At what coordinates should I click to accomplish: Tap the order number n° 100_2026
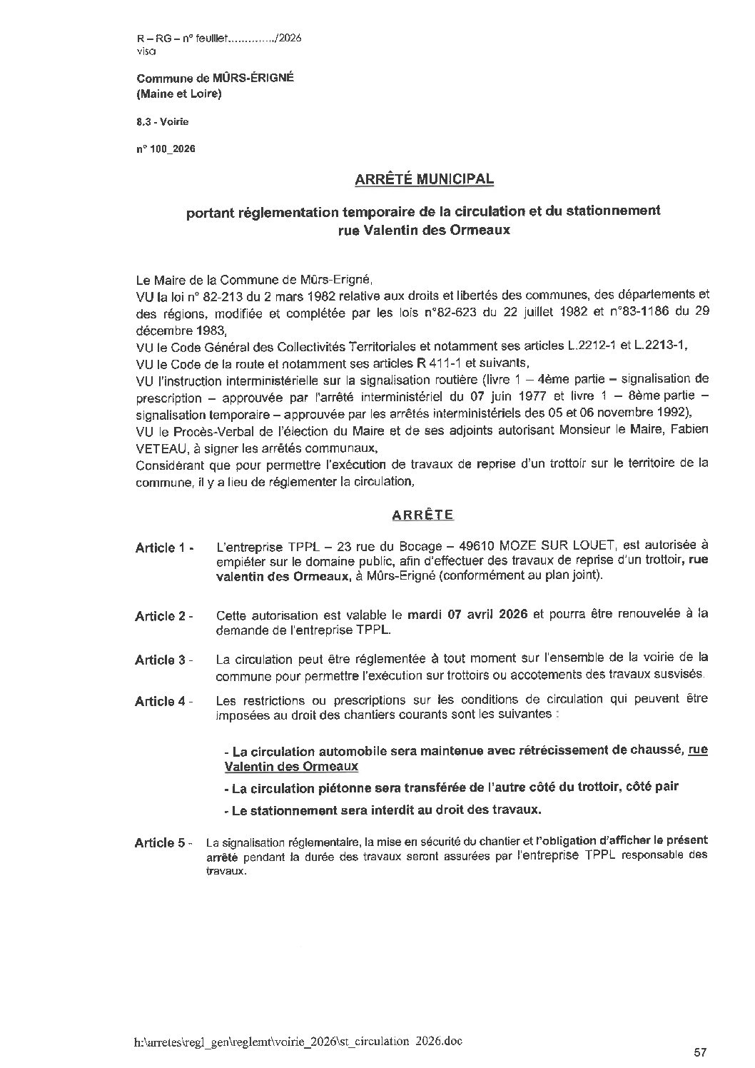[165, 149]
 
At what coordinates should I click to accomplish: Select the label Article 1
[163, 548]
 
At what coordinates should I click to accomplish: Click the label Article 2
[163, 616]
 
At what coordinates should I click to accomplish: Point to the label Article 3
[163, 660]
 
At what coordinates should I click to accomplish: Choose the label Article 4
[163, 701]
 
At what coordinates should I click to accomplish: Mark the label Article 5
[163, 843]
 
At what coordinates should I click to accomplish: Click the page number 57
[699, 1052]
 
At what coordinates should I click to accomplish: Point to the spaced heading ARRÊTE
[424, 514]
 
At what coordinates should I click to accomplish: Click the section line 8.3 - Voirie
[163, 122]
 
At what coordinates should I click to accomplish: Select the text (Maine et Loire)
[178, 94]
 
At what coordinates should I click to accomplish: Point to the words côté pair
[652, 787]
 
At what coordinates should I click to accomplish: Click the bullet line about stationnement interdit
[382, 810]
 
